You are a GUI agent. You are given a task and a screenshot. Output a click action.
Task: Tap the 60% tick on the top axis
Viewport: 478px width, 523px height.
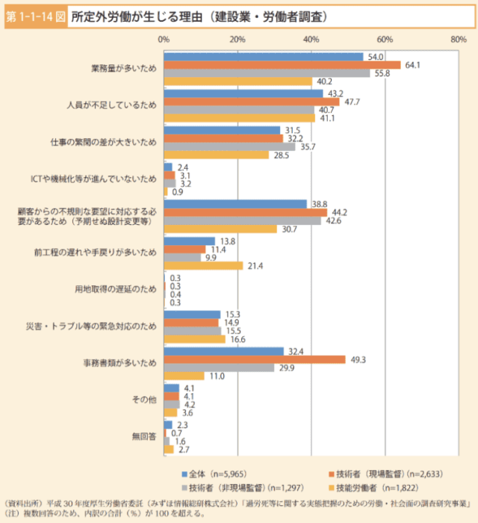tap(385, 38)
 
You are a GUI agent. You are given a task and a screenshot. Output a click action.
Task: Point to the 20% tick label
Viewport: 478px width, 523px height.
tap(238, 38)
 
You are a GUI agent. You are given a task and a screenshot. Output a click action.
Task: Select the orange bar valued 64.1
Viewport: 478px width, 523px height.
tap(282, 65)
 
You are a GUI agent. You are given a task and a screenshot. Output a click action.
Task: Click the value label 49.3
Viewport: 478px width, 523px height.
tap(358, 359)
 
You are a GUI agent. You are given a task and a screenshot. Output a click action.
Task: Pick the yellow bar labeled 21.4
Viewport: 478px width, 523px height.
tap(203, 265)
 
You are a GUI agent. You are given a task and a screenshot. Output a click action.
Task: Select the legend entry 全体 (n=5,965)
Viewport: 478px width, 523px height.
tap(215, 474)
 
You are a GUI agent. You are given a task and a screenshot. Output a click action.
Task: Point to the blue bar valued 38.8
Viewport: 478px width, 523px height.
tap(235, 203)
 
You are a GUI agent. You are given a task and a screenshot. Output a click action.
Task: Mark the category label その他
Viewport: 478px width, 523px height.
tap(145, 400)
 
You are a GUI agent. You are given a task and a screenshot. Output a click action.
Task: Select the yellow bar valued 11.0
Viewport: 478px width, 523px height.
tap(184, 376)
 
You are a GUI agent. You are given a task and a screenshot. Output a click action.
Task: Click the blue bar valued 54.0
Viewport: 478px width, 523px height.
tap(264, 57)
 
